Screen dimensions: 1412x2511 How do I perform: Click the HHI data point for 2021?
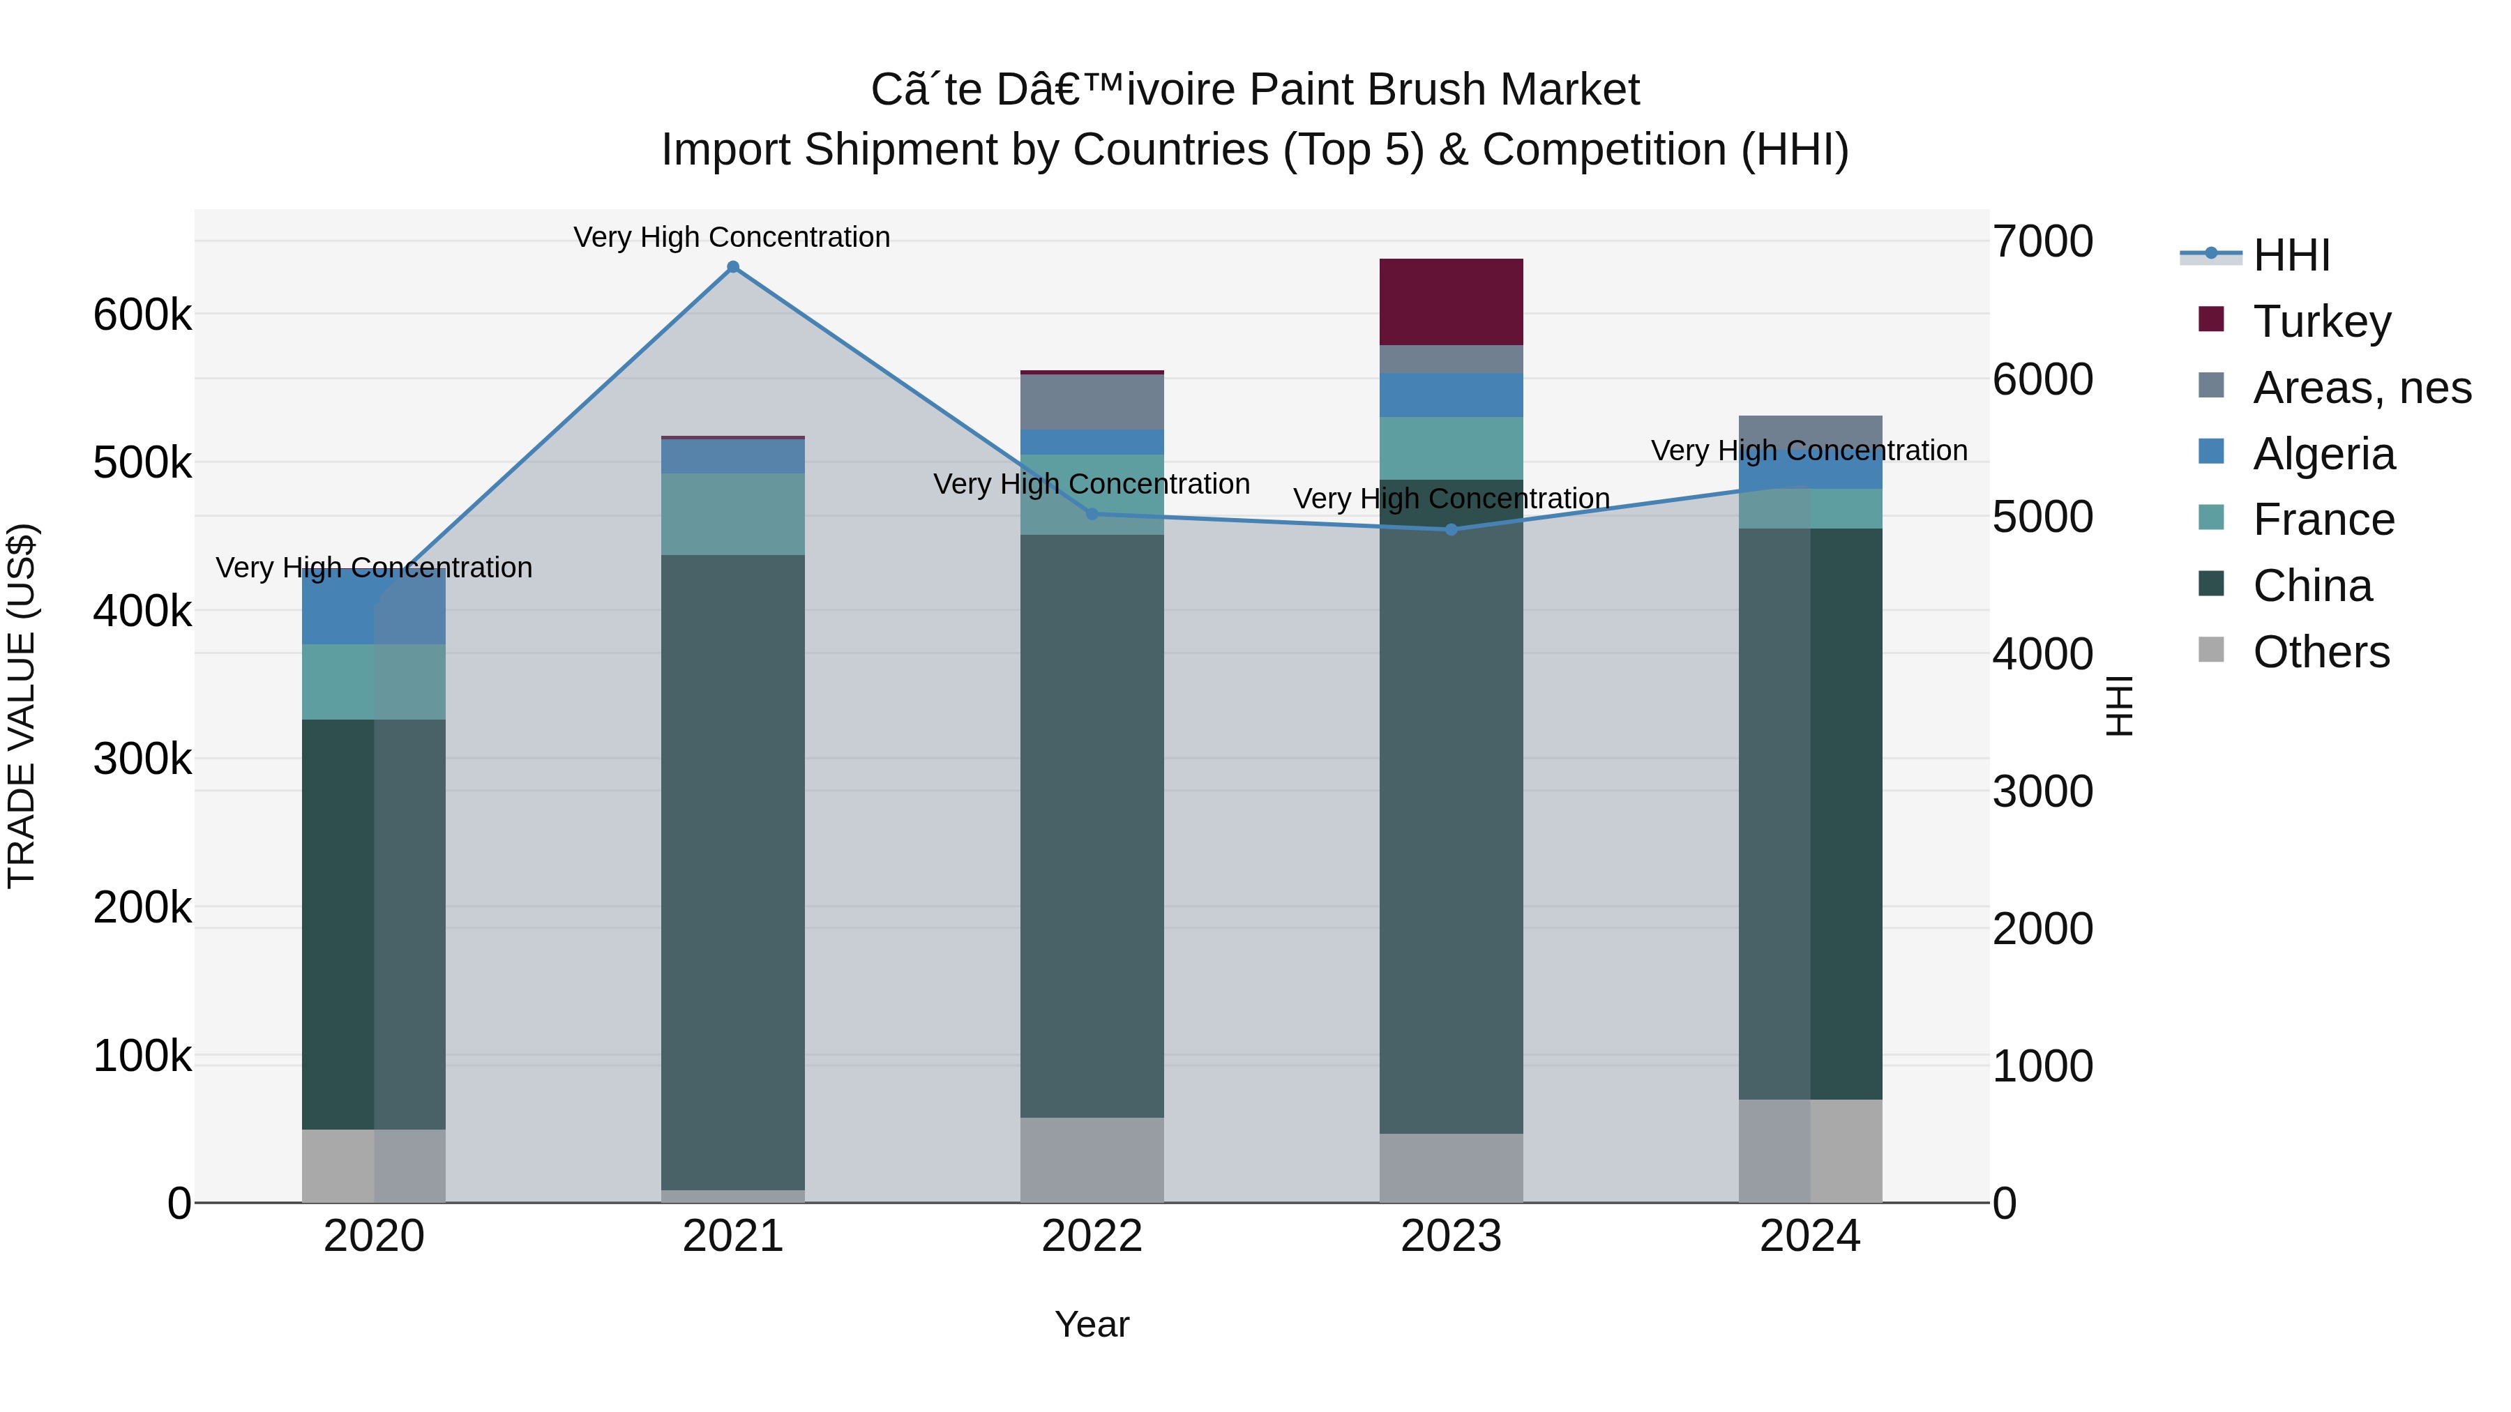point(733,267)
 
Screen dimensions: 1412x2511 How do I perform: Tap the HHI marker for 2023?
point(1451,529)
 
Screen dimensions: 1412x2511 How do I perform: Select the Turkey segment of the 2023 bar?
point(1451,302)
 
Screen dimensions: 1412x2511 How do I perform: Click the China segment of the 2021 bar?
point(733,872)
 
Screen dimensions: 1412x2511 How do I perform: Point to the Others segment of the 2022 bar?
point(1092,1160)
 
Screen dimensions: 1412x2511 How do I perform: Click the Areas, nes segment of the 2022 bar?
point(1092,402)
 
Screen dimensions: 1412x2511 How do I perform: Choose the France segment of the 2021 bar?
point(733,515)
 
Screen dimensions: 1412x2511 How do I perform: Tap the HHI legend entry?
point(2291,255)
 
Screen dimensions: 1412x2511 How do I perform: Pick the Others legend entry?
point(2321,652)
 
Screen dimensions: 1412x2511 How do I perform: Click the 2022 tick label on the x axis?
point(1092,1236)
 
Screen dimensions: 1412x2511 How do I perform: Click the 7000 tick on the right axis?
point(2043,242)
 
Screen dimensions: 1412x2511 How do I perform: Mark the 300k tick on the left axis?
point(142,759)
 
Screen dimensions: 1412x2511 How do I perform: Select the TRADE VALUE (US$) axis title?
point(22,706)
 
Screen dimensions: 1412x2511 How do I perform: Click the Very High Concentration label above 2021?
point(732,237)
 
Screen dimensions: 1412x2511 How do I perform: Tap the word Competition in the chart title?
point(1604,150)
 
